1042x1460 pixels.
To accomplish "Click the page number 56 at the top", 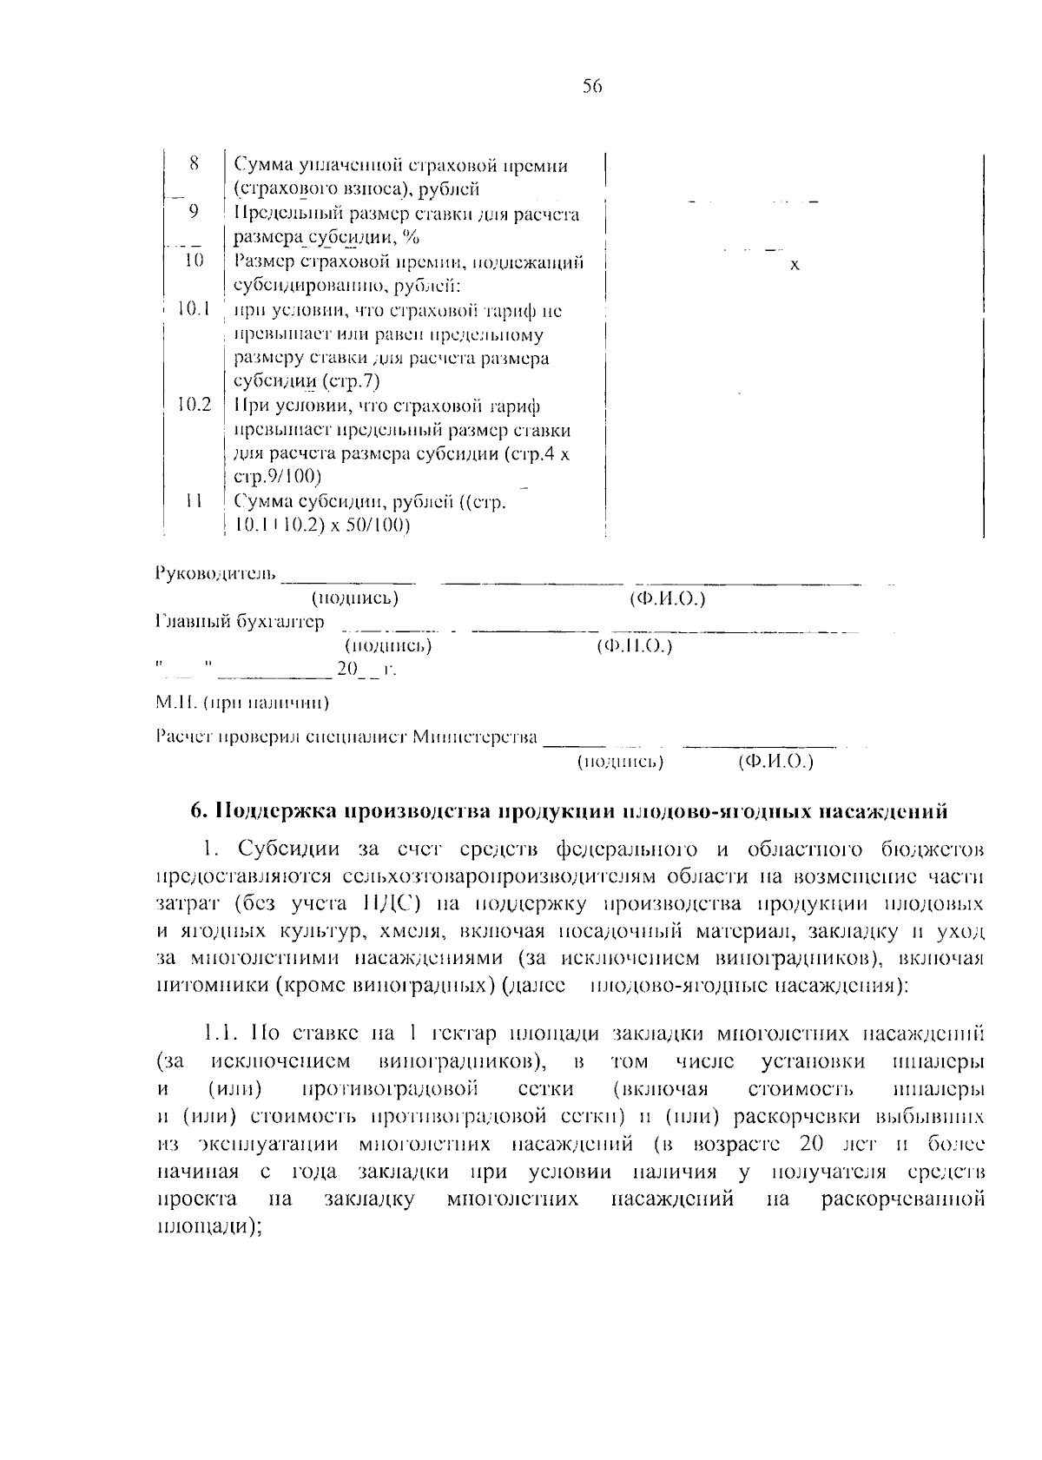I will pos(592,87).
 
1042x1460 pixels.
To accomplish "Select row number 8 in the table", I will pos(194,164).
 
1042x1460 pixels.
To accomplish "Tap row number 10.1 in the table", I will pos(194,309).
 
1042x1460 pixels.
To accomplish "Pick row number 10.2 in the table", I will pos(194,405).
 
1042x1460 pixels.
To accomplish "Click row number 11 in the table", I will pos(195,501).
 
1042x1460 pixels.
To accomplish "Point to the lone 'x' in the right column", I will pos(795,265).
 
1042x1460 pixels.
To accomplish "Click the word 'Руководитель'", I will pos(216,573).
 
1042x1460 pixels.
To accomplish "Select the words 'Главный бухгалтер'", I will pos(241,622).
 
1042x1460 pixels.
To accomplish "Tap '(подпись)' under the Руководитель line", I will pos(355,598).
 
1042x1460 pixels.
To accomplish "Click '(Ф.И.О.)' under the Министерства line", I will pos(775,763).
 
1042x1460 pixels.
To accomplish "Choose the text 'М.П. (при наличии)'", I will pos(242,702).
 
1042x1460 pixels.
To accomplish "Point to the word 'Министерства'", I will pos(475,738).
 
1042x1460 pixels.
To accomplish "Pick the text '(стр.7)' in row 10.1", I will pos(352,381).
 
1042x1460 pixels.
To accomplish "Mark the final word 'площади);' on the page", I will pos(210,1226).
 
